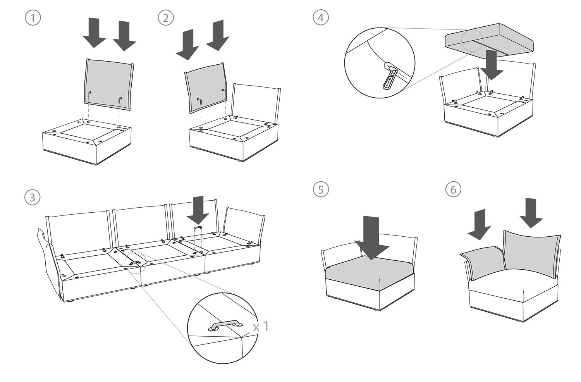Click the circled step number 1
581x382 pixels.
[x=33, y=18]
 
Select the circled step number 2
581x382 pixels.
[x=166, y=18]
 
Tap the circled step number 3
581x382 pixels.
[x=33, y=197]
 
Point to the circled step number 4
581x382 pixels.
[x=321, y=18]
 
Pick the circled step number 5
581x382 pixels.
[x=321, y=189]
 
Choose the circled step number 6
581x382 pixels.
[x=454, y=189]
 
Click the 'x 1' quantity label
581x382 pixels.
[x=261, y=326]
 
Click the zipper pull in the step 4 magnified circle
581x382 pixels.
[x=388, y=79]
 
